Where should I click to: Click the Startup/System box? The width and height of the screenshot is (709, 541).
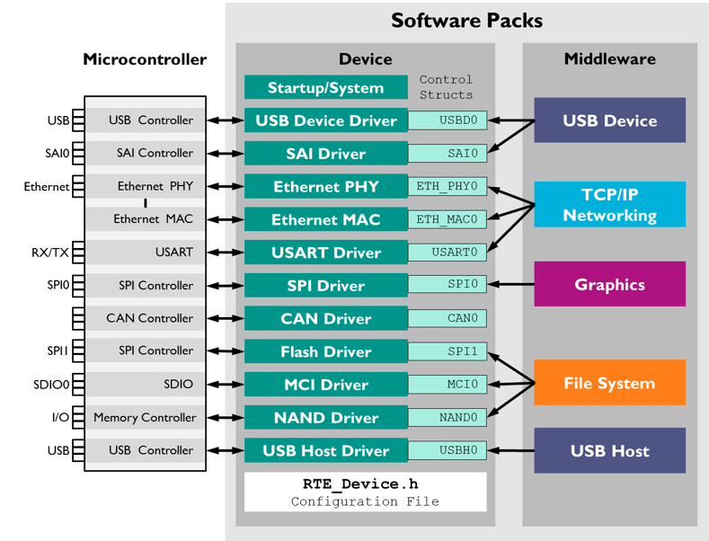[x=325, y=88]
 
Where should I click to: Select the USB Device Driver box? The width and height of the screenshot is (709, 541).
[x=325, y=121]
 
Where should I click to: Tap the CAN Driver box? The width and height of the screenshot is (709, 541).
[x=325, y=319]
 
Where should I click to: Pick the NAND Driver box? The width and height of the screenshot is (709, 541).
[x=325, y=418]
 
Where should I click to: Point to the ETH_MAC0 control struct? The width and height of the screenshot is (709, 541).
[x=448, y=219]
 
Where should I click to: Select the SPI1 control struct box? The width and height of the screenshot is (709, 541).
[x=448, y=351]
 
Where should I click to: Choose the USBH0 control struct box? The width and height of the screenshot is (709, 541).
[x=448, y=450]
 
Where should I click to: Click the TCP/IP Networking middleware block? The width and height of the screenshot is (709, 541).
[x=610, y=205]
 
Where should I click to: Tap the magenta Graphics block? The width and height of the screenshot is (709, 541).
[x=610, y=285]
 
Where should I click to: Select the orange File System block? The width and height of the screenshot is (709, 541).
[x=610, y=384]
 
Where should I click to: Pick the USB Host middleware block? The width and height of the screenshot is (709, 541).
[x=610, y=451]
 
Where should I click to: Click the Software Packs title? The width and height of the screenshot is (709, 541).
[x=466, y=21]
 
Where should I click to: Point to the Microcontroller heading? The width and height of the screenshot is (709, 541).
[x=145, y=60]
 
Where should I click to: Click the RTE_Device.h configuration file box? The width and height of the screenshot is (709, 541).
[x=366, y=492]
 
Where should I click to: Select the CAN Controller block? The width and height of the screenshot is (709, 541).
[x=149, y=318]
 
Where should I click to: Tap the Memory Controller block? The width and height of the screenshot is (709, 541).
[x=144, y=417]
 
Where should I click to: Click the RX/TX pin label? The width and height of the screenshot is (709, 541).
[x=51, y=253]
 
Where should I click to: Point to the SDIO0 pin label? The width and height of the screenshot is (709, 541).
[x=50, y=385]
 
